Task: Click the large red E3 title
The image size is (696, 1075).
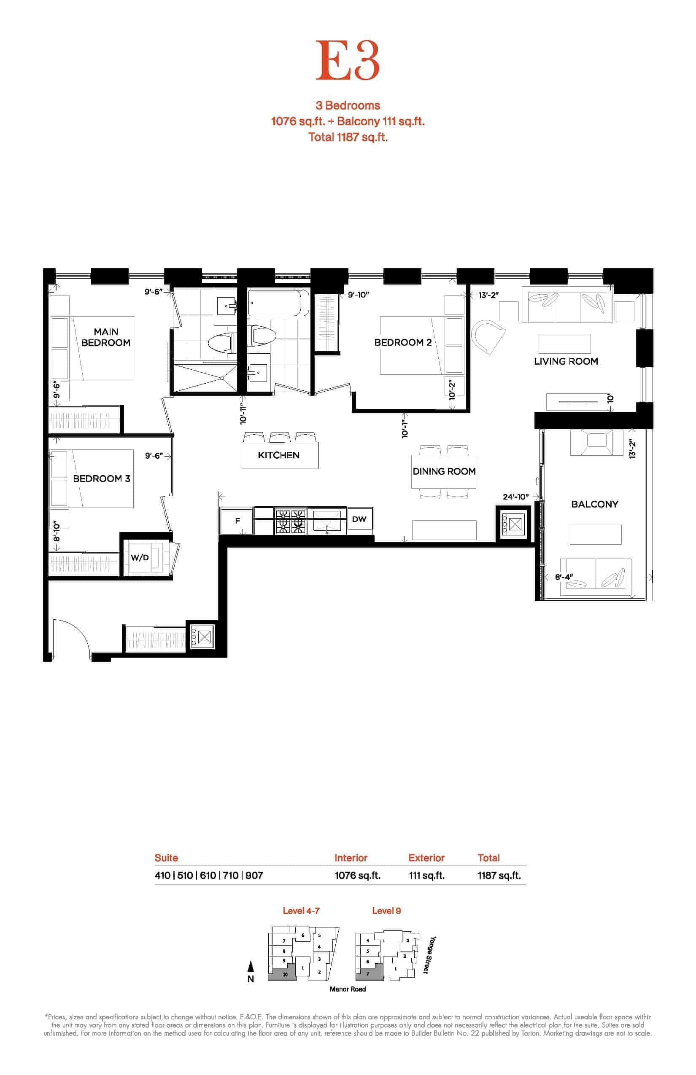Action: coord(347,61)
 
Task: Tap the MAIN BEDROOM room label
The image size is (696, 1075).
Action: coord(106,337)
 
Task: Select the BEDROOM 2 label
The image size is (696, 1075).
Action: coord(403,342)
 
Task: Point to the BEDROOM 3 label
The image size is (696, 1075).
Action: coord(102,478)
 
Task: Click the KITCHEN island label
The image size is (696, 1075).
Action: coord(278,455)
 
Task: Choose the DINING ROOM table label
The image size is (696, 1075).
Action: coord(444,471)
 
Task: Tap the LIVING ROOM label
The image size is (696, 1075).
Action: coord(566,361)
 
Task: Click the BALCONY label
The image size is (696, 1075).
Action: coord(594,504)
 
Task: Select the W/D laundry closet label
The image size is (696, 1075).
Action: coord(140,557)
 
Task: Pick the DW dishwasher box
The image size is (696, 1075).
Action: coord(359,519)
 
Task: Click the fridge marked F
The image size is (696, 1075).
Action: coord(237,521)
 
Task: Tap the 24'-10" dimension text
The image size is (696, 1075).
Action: coord(515,497)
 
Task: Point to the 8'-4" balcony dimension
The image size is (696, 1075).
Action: coord(564,577)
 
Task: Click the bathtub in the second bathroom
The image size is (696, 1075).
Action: coord(279,303)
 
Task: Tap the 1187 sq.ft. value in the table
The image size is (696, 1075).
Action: coord(499,875)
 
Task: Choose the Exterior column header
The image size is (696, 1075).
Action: coord(426,858)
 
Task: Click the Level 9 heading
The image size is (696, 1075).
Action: coord(386,911)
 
